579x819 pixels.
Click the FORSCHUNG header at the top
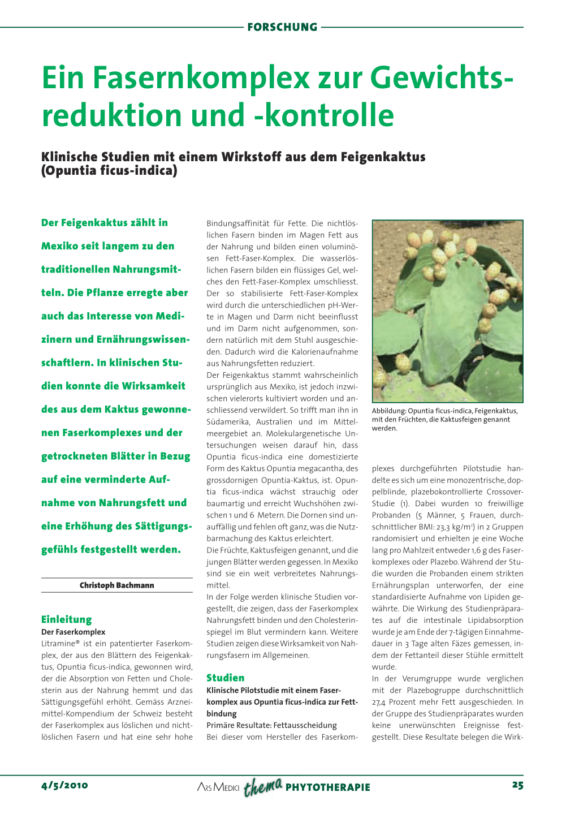pos(282,27)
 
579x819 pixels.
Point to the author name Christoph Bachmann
pos(116,585)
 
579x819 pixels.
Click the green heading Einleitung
pos(66,619)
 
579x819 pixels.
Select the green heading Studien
pos(226,678)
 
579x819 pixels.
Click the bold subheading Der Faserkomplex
pos(73,632)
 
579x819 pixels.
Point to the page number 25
pos(517,785)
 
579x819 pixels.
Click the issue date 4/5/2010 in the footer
pos(64,785)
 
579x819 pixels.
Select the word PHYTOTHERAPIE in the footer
pos(328,787)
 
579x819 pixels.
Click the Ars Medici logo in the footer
pos(218,787)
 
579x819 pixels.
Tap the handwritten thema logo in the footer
pos(262,786)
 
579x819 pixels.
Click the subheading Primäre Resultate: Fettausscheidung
pos(271,725)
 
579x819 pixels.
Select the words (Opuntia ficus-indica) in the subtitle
pos(109,170)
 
